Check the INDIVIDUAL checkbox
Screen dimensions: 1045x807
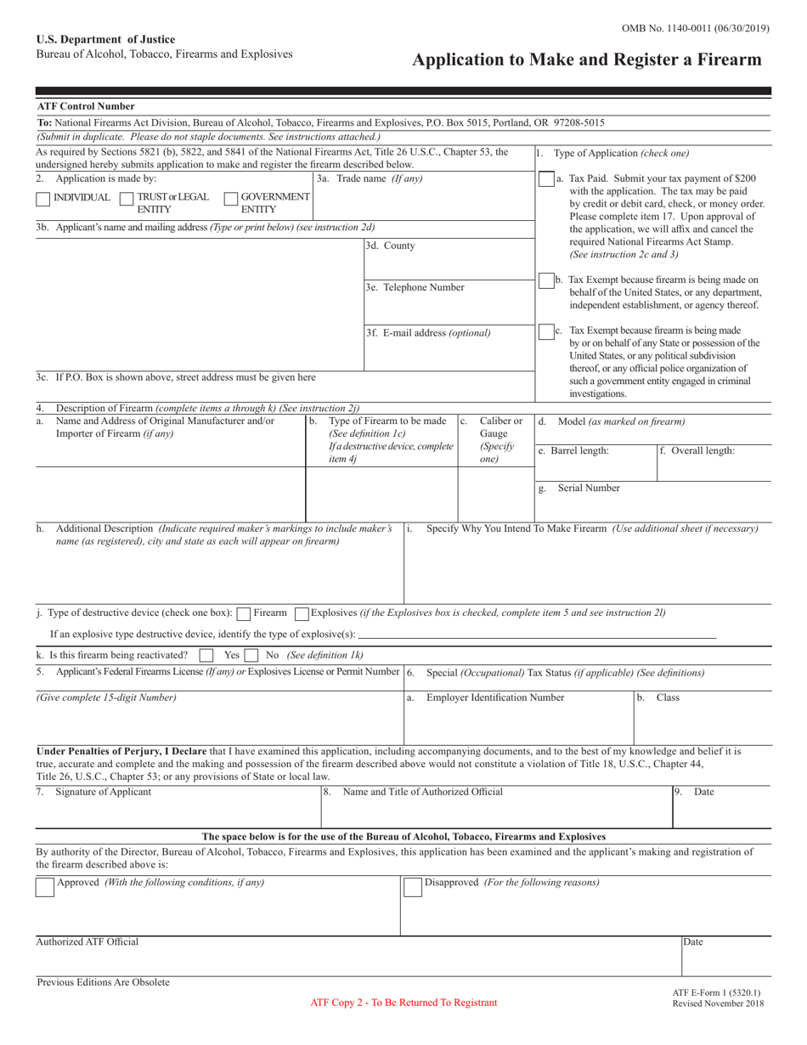pos(42,199)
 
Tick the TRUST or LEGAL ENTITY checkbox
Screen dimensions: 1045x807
pos(127,199)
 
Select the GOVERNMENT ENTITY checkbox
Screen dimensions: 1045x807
pos(230,199)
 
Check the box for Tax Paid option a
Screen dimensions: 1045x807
pos(546,180)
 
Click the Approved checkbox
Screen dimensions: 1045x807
pos(45,887)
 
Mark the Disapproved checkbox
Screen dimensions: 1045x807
pos(412,887)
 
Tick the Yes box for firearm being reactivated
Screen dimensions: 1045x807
pos(206,656)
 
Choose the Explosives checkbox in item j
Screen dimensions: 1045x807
pos(301,613)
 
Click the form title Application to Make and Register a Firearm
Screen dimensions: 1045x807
pos(586,60)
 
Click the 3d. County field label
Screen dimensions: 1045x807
pos(391,246)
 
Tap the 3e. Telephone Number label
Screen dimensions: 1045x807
pos(415,287)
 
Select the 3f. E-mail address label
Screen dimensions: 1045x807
pos(428,333)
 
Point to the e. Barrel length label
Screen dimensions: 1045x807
pos(573,451)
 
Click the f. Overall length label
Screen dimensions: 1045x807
pos(697,451)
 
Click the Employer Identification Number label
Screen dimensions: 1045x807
pos(494,698)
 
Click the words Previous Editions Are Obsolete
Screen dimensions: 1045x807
pos(103,982)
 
